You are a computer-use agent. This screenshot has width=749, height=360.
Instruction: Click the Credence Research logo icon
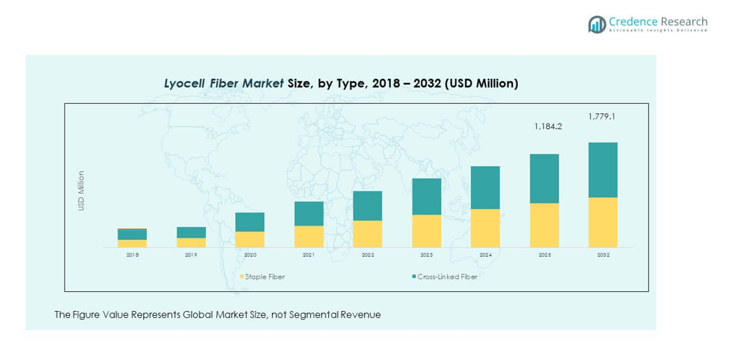point(597,24)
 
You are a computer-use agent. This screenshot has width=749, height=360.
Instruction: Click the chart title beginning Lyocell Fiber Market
point(341,84)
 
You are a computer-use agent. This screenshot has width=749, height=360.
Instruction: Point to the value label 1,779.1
point(602,116)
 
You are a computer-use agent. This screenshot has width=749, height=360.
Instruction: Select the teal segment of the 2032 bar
point(603,170)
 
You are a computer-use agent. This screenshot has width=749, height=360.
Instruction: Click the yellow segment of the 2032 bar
point(603,222)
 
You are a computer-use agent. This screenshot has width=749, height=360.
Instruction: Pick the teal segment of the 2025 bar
point(544,179)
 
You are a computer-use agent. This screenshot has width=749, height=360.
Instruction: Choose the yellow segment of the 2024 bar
point(485,228)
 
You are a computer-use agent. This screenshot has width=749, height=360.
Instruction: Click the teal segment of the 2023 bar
point(427,197)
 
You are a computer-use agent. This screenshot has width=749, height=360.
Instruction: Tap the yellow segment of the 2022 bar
point(368,234)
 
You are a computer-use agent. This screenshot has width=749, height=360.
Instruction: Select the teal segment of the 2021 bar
point(309,214)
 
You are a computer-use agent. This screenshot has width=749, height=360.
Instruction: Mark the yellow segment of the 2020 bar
point(250,239)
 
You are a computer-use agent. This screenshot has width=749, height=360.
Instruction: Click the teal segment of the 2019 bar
point(191,232)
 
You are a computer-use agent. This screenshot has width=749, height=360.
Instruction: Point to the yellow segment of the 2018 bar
point(132,243)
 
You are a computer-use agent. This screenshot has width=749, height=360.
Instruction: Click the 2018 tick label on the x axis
point(132,255)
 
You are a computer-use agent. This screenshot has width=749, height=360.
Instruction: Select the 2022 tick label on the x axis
point(368,255)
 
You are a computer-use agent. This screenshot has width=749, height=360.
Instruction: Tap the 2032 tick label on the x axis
point(603,255)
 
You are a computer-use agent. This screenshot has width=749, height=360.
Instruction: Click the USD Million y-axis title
point(81,190)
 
